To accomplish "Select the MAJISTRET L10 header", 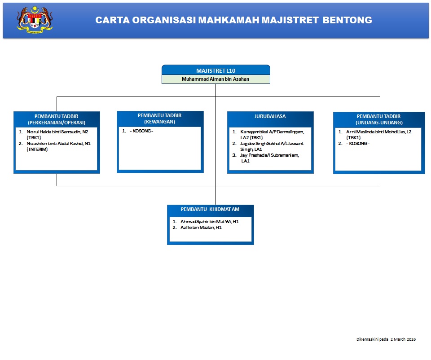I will pyautogui.click(x=215, y=70).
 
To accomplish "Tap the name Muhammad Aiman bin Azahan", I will pyautogui.click(x=215, y=79).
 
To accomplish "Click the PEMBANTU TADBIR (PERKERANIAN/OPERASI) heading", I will pyautogui.click(x=57, y=119).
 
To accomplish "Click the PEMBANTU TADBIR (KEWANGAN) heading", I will pyautogui.click(x=160, y=119).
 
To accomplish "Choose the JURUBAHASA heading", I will pyautogui.click(x=270, y=116).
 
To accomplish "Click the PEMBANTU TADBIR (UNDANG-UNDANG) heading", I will pyautogui.click(x=379, y=119).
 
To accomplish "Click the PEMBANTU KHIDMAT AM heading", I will pyautogui.click(x=210, y=210).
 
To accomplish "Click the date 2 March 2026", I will pyautogui.click(x=403, y=339).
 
